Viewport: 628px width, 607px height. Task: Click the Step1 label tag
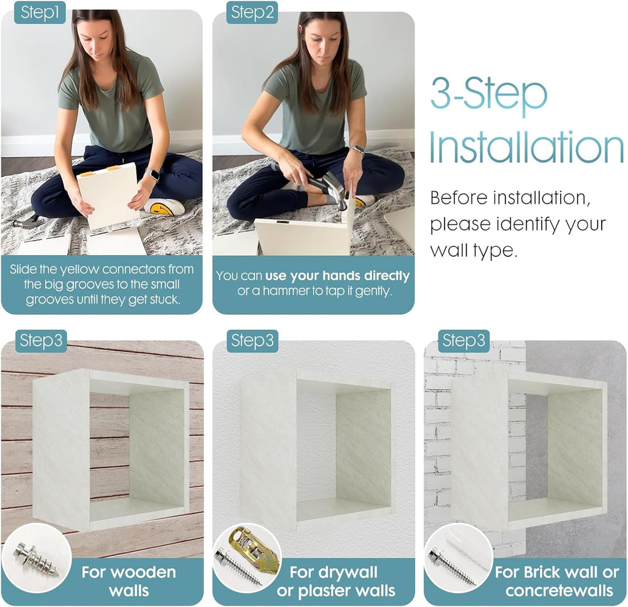40,13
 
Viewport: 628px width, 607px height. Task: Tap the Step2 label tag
252,13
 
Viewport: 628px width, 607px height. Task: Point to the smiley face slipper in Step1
164,207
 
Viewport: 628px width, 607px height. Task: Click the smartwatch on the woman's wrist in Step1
151,175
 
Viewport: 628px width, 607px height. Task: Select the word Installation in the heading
526,148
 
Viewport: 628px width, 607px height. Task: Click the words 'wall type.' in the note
474,251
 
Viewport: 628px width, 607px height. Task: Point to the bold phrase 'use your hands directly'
337,276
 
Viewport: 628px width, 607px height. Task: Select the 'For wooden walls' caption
129,581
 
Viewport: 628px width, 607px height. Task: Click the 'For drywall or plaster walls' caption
335,581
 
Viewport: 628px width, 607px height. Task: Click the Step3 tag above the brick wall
463,341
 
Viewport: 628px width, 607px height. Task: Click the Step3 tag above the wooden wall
40,341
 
